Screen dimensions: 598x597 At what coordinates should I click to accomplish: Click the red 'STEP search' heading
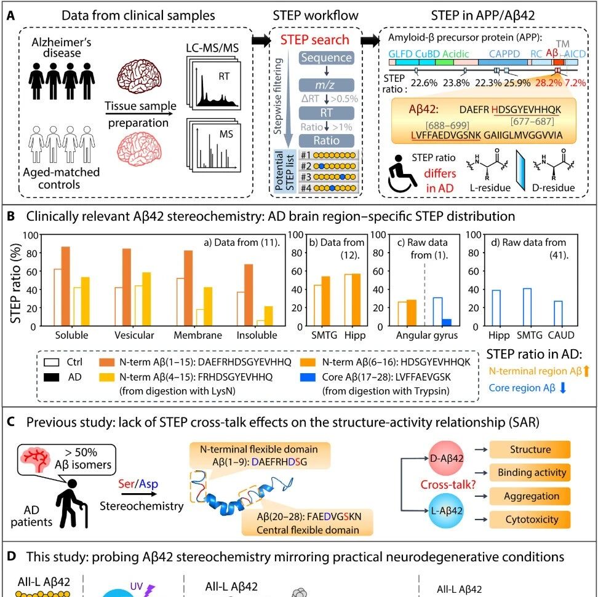[314, 39]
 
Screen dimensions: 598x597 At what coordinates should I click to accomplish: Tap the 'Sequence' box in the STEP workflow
[327, 58]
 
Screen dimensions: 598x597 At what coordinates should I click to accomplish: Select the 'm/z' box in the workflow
[327, 85]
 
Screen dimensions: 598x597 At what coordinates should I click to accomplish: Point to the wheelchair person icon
[401, 174]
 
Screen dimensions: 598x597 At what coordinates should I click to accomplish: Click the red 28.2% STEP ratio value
[548, 83]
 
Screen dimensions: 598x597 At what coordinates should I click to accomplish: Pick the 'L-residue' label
[490, 188]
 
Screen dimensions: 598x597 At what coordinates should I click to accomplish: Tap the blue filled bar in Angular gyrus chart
[447, 323]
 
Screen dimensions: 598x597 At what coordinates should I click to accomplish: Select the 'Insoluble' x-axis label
[257, 335]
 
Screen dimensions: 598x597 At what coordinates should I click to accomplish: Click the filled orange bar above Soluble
[66, 287]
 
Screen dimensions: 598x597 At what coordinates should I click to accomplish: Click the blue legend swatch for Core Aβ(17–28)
[308, 377]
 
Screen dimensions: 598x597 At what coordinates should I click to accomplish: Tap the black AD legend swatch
[52, 378]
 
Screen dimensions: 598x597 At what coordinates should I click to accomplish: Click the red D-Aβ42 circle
[446, 458]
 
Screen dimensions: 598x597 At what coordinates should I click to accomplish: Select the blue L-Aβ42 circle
[446, 510]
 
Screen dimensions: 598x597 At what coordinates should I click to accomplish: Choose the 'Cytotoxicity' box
[530, 520]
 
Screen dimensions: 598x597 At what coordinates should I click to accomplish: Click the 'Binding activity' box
[530, 473]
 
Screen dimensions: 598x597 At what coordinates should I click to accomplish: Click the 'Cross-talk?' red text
[448, 484]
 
